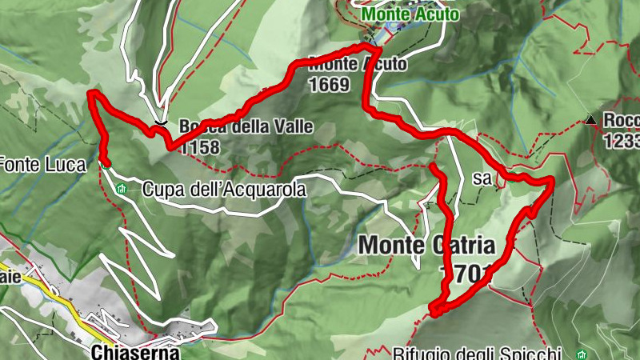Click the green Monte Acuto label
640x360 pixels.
click(410, 14)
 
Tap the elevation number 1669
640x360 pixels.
click(327, 83)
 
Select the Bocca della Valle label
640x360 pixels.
click(246, 126)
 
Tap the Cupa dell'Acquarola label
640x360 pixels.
click(225, 190)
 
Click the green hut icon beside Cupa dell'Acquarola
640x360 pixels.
click(122, 190)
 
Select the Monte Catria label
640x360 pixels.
click(428, 244)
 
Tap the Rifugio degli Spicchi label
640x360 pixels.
click(478, 353)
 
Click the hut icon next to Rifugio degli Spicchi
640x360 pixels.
click(582, 353)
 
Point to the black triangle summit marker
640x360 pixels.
click(590, 121)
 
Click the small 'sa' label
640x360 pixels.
click(482, 179)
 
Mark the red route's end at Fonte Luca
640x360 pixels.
click(106, 162)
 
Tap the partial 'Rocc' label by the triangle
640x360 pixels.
click(622, 121)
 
